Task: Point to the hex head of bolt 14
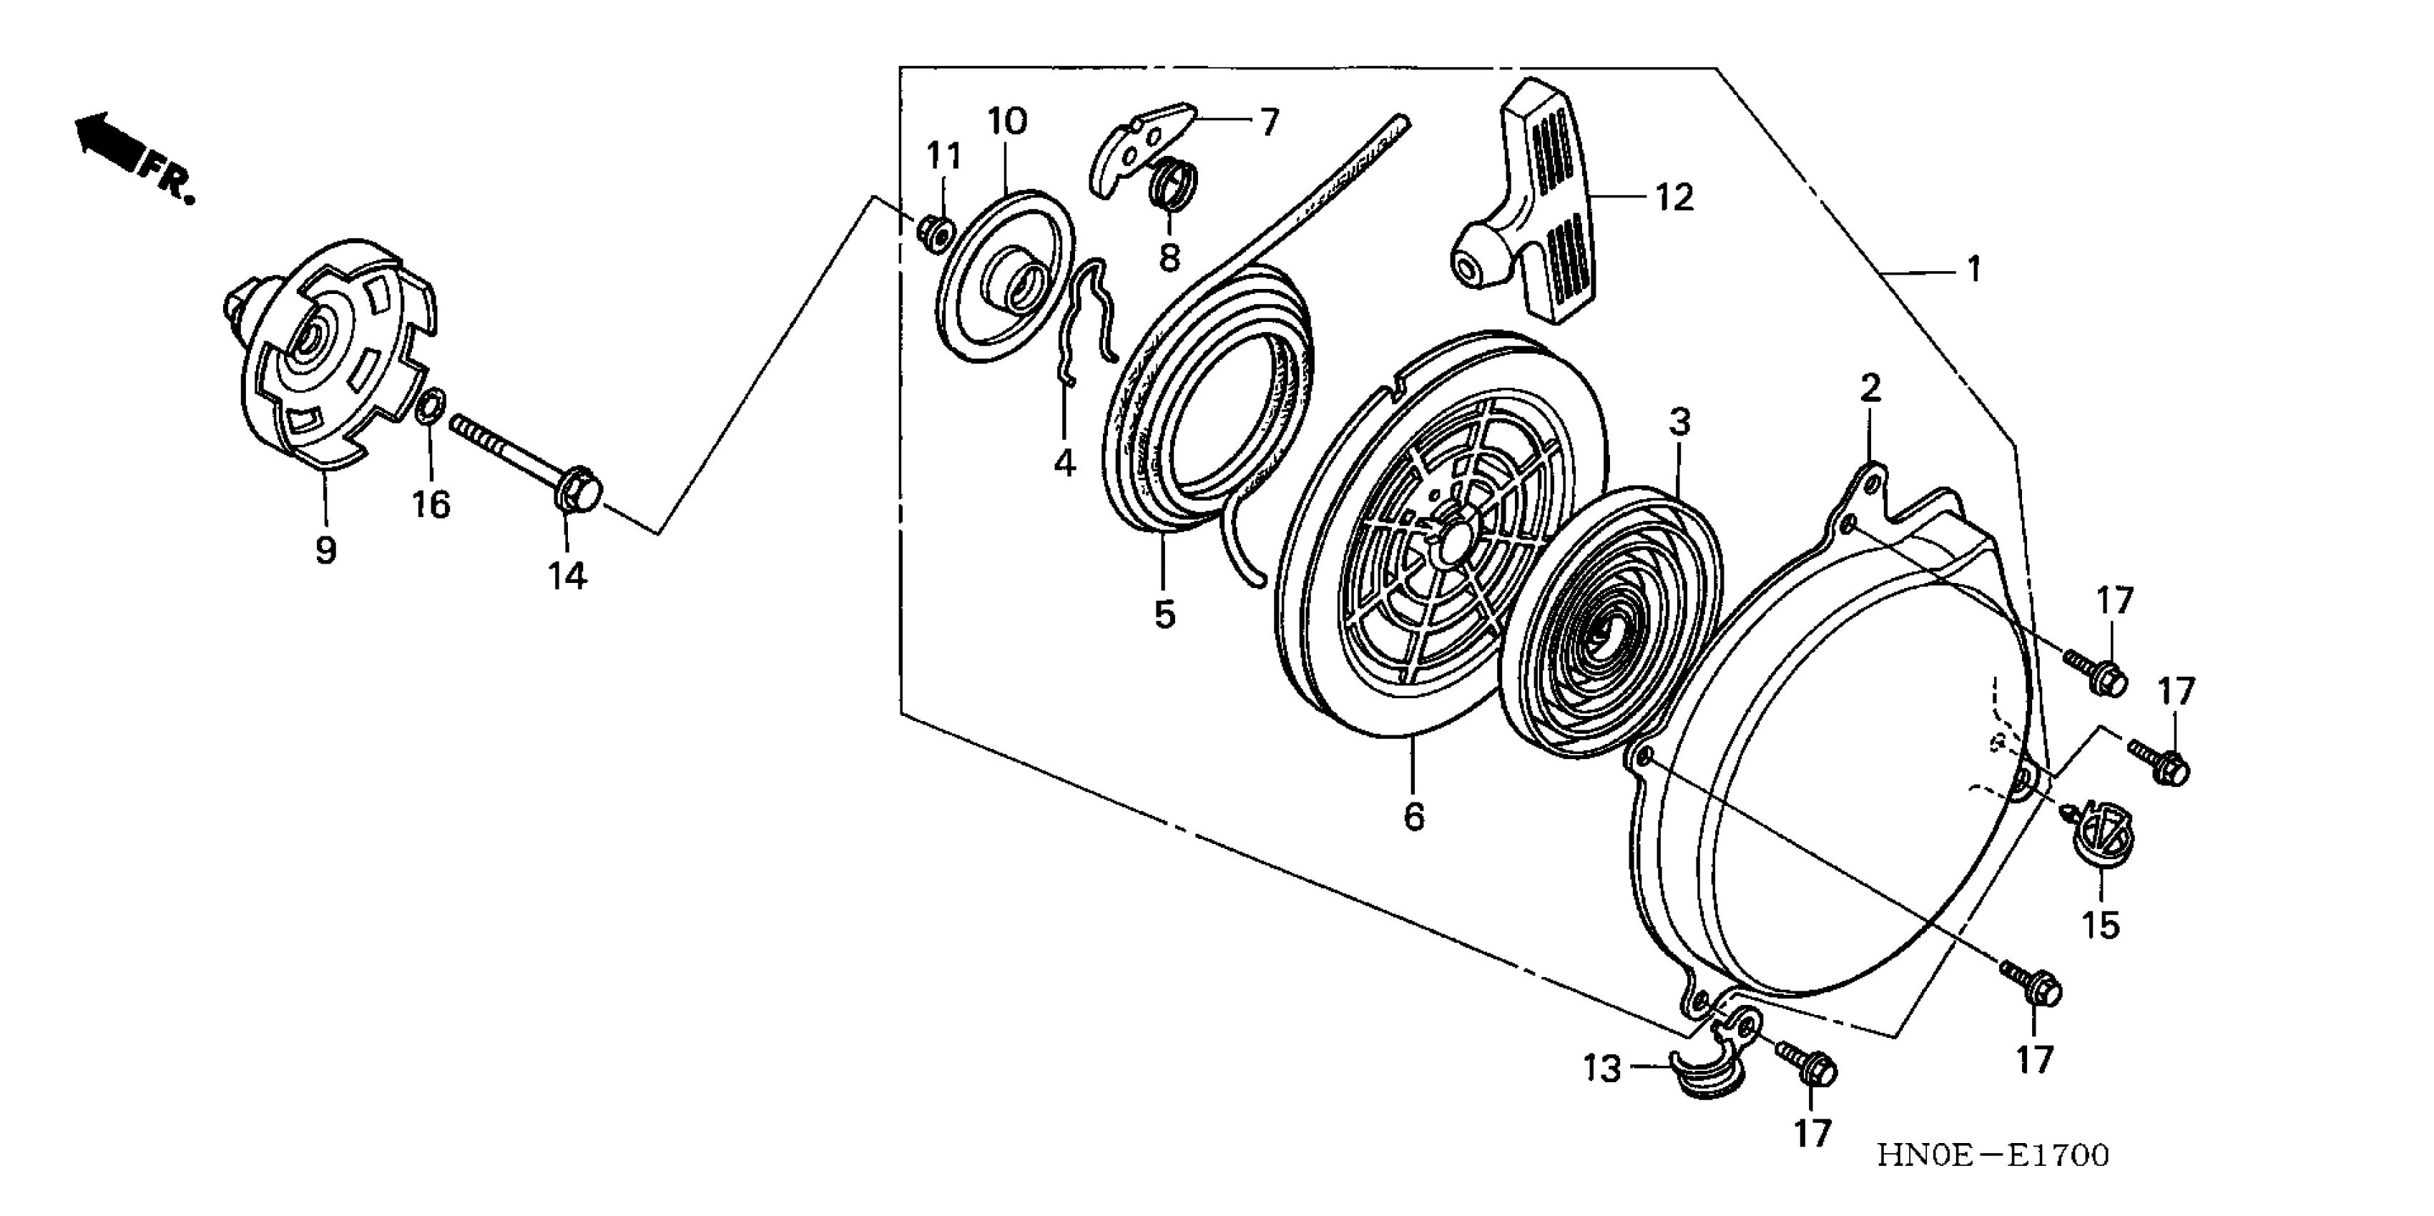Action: coord(578,491)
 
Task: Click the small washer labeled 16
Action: coord(427,406)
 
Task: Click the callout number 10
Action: coord(1007,122)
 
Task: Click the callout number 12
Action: coord(1674,197)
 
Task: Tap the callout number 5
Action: coord(1165,615)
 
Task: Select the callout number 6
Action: coord(1413,815)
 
